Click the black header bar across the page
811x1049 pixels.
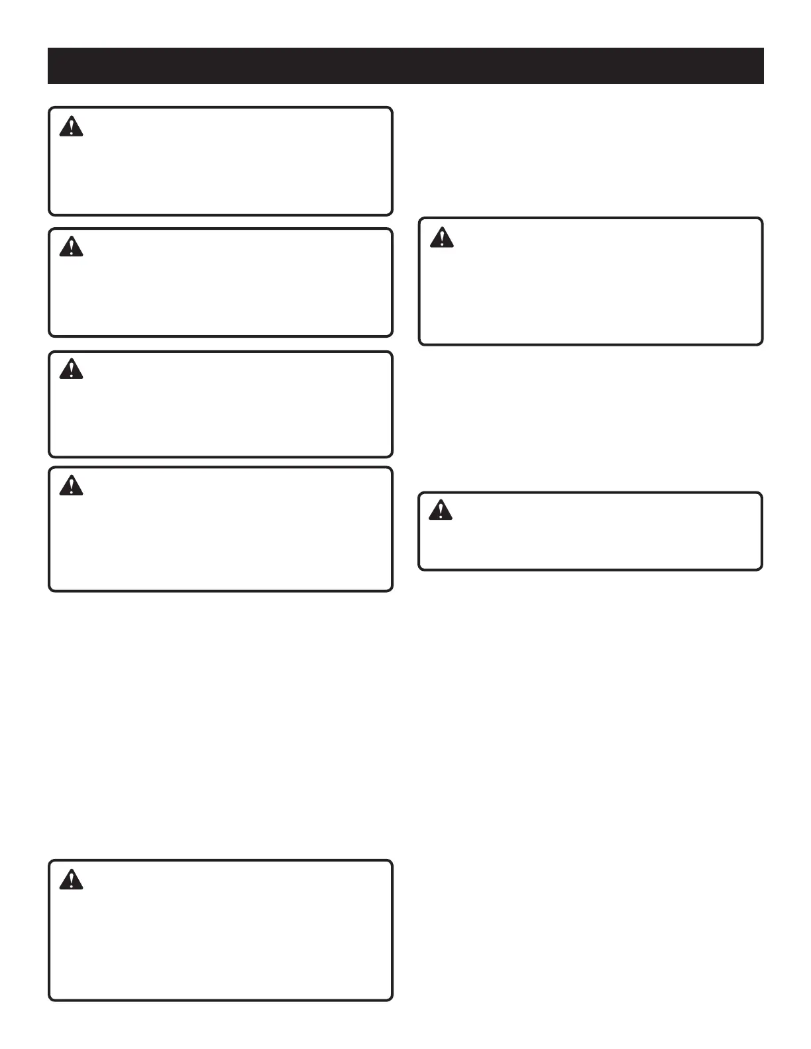pyautogui.click(x=405, y=66)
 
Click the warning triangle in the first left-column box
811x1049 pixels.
pyautogui.click(x=71, y=126)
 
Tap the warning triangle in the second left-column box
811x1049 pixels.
pyautogui.click(x=71, y=248)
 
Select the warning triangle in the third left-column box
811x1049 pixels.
pyautogui.click(x=71, y=369)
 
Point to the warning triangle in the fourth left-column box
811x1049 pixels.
pyautogui.click(x=71, y=486)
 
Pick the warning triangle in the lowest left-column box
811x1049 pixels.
pyautogui.click(x=71, y=879)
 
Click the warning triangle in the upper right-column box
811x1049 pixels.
pyautogui.click(x=441, y=237)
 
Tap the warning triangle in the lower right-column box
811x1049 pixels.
pyautogui.click(x=440, y=510)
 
